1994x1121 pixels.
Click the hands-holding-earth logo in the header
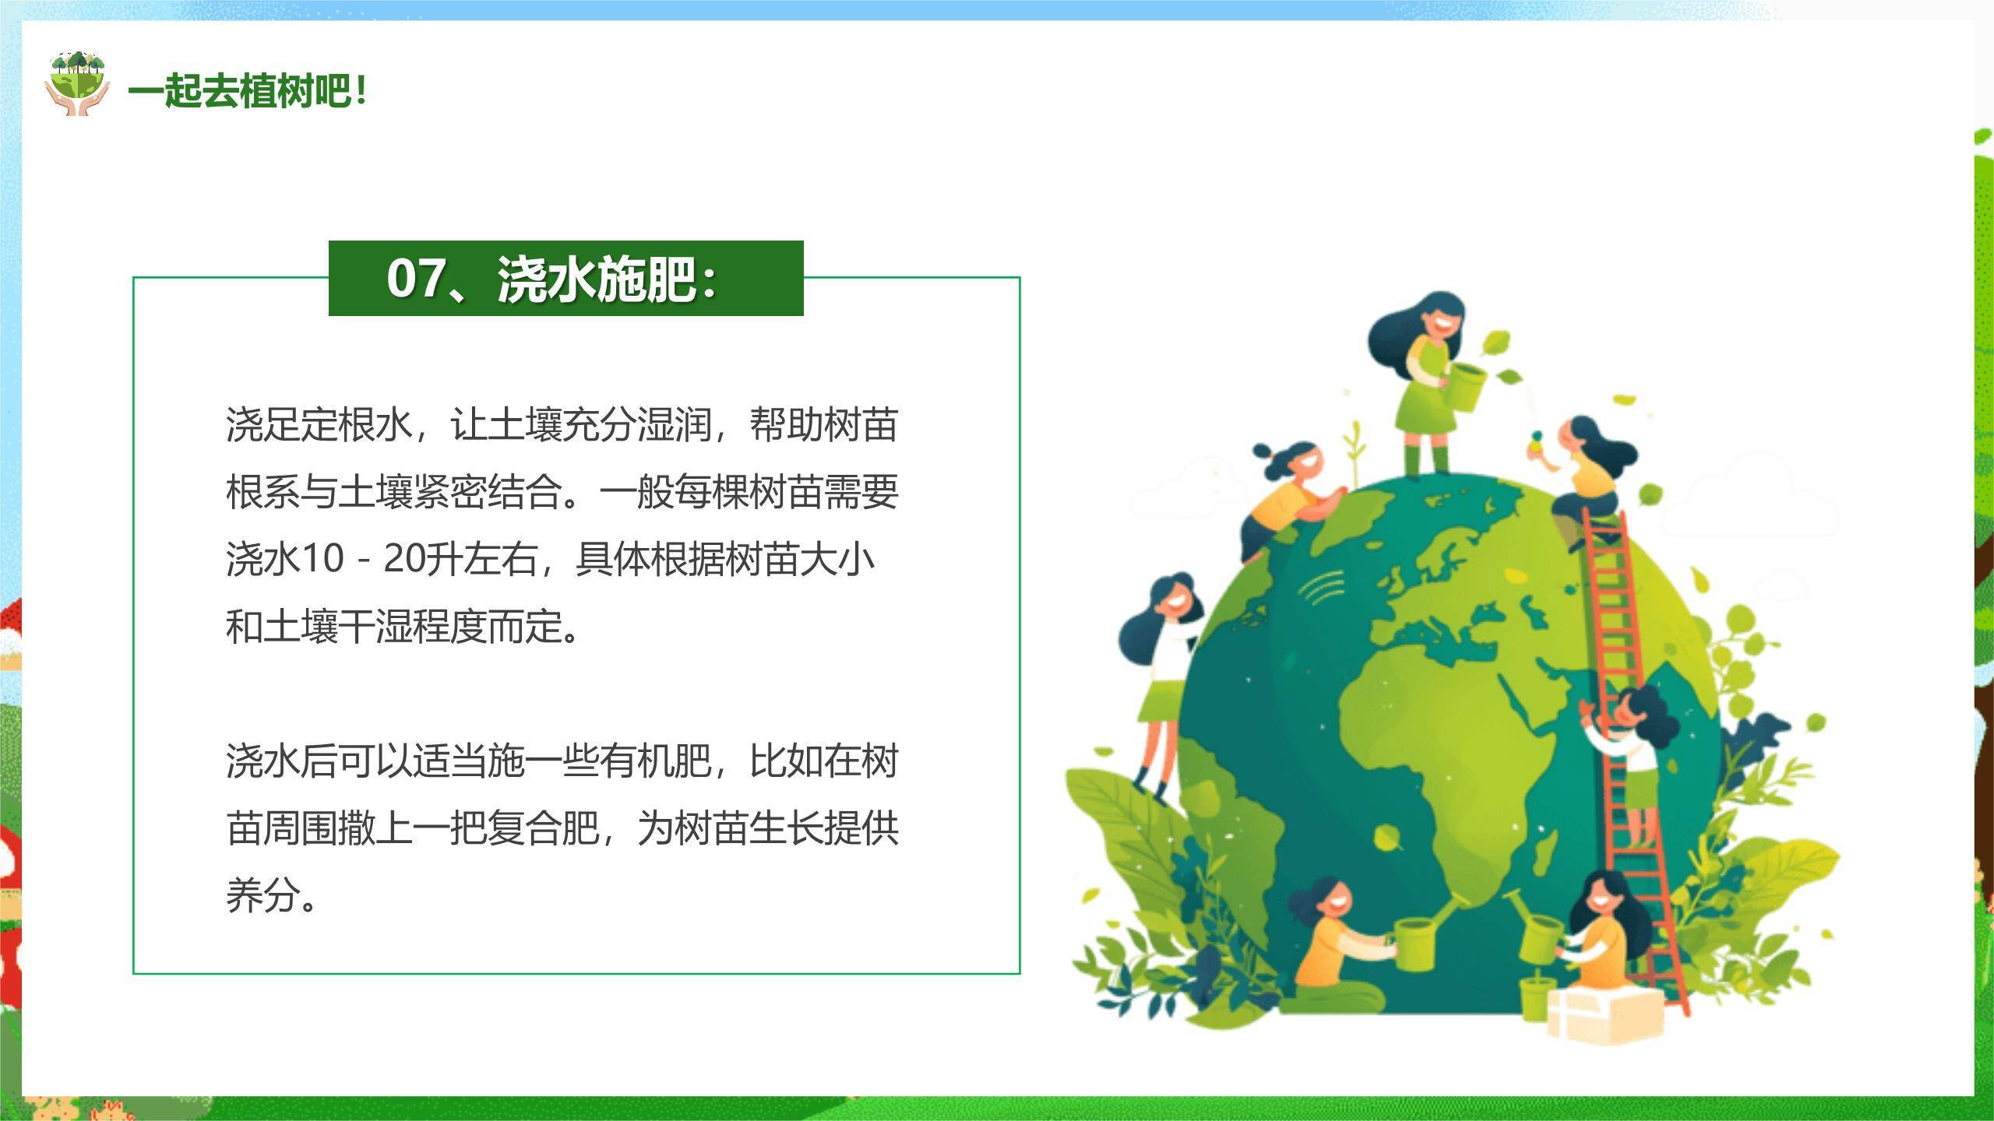[76, 84]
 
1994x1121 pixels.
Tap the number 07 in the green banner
[417, 278]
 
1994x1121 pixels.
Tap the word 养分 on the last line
[262, 894]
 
